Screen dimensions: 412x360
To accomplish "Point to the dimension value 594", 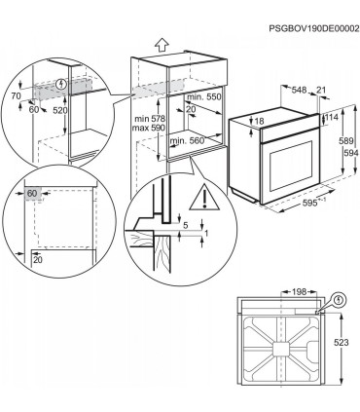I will [346, 154].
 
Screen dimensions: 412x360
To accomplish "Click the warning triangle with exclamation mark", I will [206, 201].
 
